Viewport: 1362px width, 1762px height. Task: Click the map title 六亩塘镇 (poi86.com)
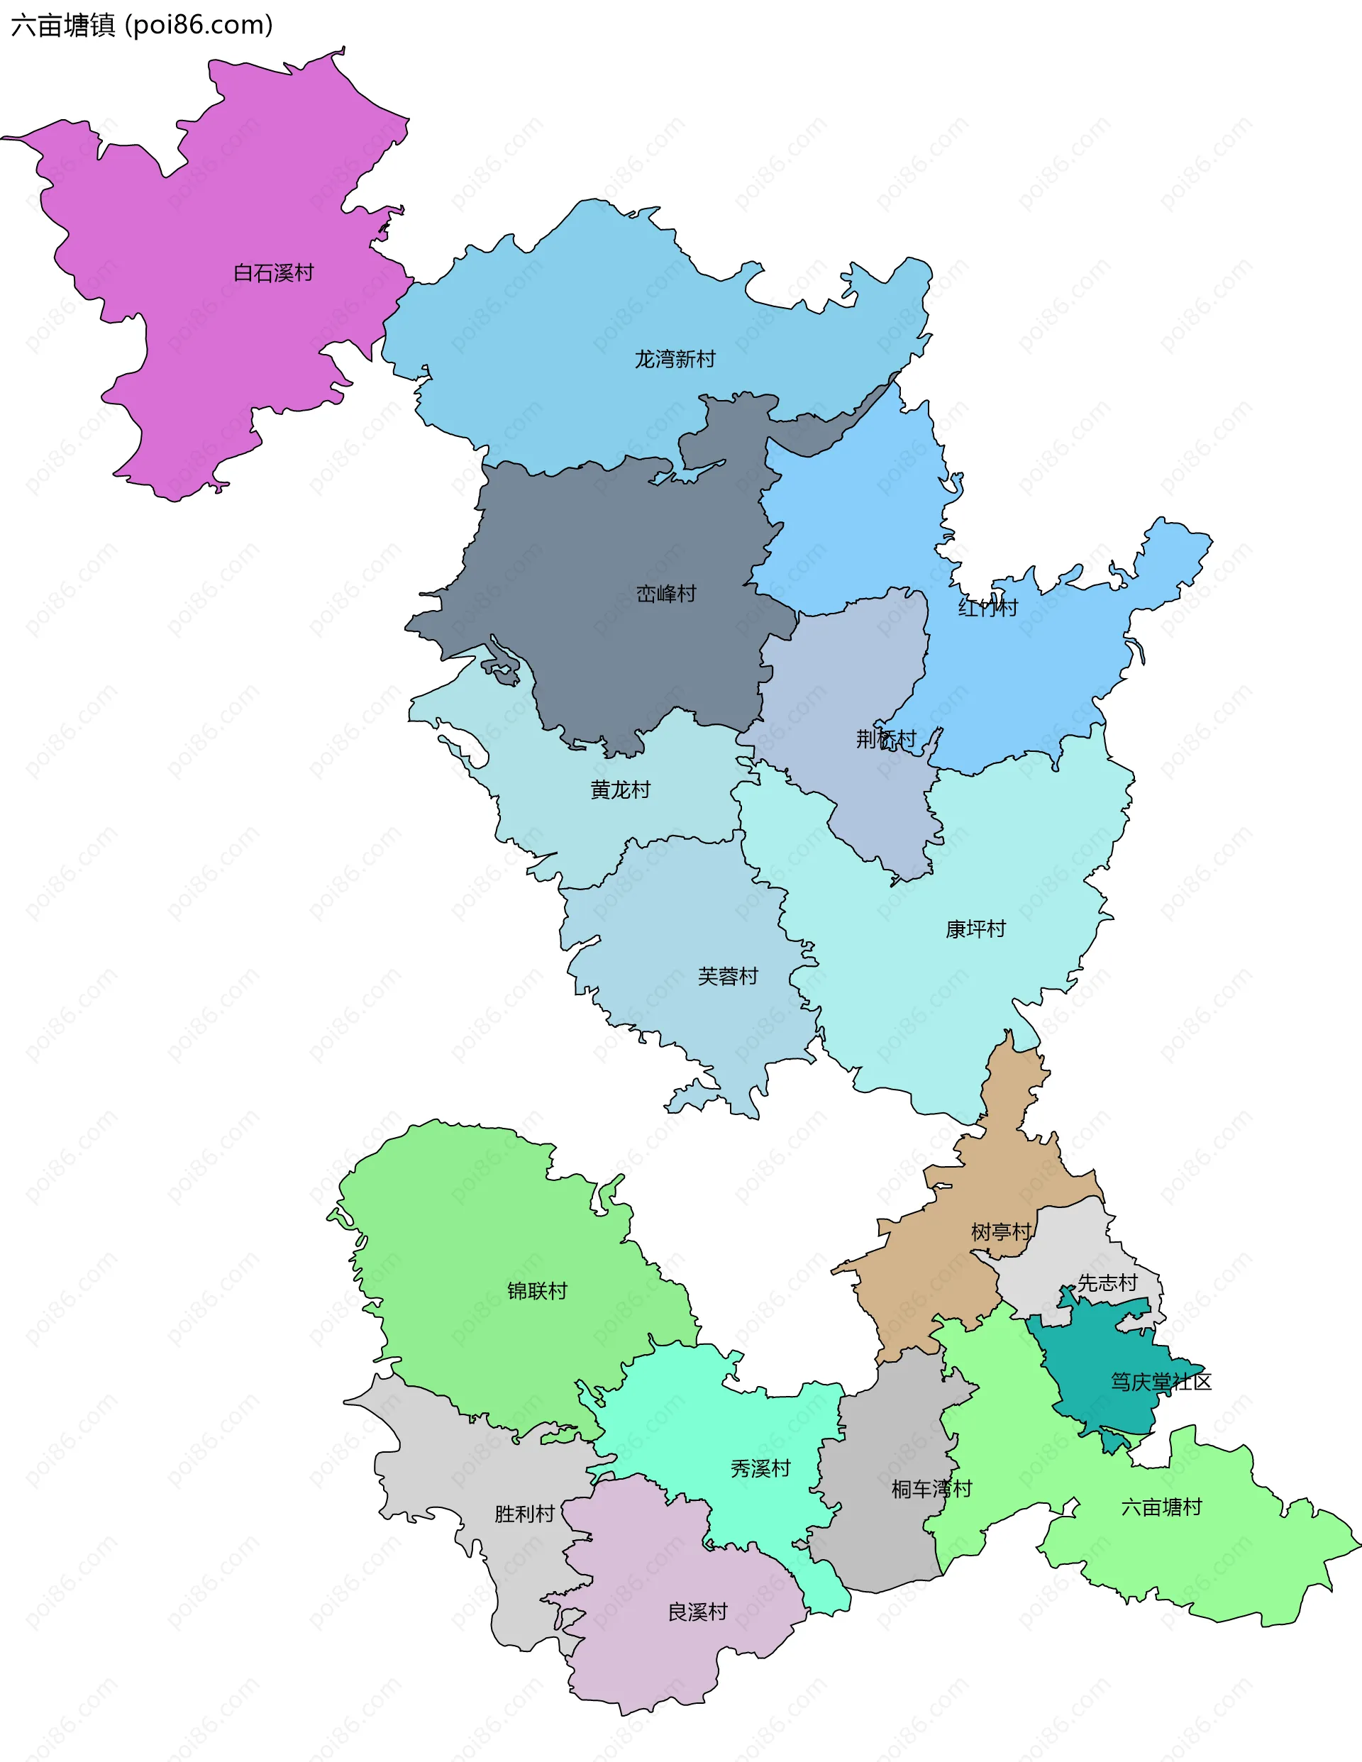pos(142,26)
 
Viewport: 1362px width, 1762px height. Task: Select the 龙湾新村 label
pos(675,359)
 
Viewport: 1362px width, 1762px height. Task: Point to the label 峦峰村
pos(665,594)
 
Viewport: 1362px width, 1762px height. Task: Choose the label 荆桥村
pos(886,738)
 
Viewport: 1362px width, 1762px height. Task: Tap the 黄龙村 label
pos(621,789)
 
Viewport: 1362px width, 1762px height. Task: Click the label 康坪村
pos(975,929)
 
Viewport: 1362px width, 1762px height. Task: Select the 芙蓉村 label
pos(728,976)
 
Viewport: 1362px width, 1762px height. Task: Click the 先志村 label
pos(1107,1282)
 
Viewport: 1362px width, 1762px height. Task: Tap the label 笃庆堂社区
pos(1161,1382)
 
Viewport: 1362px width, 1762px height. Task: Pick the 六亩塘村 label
pos(1161,1507)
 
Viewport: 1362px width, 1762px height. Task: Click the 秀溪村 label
pos(760,1468)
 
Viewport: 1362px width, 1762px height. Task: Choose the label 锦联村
pos(538,1291)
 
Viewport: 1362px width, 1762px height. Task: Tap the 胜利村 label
pos(524,1514)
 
